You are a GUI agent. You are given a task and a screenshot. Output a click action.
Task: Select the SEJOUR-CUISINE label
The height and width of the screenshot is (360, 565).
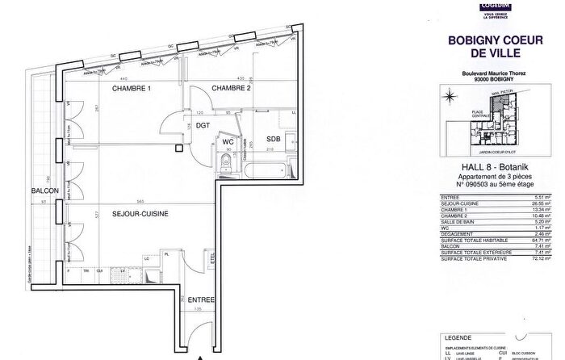coord(140,215)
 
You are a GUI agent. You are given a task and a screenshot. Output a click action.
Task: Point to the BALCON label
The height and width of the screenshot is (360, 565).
coord(44,190)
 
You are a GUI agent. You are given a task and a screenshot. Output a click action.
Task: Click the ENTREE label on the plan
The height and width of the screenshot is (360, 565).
coord(201,300)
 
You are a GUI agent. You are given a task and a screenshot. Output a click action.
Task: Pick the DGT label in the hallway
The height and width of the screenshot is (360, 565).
coord(202,126)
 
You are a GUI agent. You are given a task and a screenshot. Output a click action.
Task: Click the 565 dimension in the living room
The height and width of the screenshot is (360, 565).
coord(140,201)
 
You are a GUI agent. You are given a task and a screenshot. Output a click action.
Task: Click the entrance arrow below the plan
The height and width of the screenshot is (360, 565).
coord(202,354)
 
